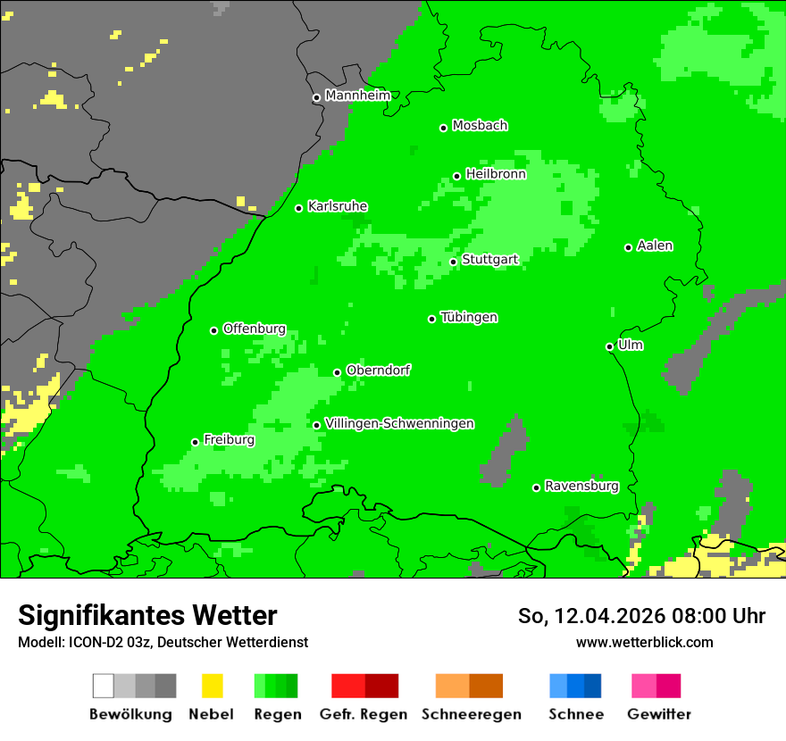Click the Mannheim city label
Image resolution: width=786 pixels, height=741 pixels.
357,96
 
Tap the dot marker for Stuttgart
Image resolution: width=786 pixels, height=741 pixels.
454,262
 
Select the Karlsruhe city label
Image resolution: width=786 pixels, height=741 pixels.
337,206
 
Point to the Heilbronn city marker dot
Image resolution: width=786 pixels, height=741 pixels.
457,176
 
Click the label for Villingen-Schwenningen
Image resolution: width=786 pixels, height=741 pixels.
399,423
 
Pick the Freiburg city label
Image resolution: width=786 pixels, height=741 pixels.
229,440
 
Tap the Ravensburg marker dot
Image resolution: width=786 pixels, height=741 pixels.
536,487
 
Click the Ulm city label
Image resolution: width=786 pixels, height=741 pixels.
631,345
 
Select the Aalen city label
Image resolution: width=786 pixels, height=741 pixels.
655,246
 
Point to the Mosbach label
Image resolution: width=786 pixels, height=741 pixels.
480,126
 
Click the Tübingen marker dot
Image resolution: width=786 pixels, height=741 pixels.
432,319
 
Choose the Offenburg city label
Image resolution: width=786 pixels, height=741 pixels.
254,329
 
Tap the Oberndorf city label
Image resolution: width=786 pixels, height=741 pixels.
378,370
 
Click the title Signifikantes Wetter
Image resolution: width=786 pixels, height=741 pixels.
147,615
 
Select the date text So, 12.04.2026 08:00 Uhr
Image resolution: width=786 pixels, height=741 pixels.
641,616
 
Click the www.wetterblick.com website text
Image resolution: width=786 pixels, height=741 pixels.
644,643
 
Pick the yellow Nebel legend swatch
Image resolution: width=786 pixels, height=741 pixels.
212,686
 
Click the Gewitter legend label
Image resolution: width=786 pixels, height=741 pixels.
658,714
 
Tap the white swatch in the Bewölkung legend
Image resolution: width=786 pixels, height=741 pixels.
104,686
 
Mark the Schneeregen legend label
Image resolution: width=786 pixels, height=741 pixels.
471,714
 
